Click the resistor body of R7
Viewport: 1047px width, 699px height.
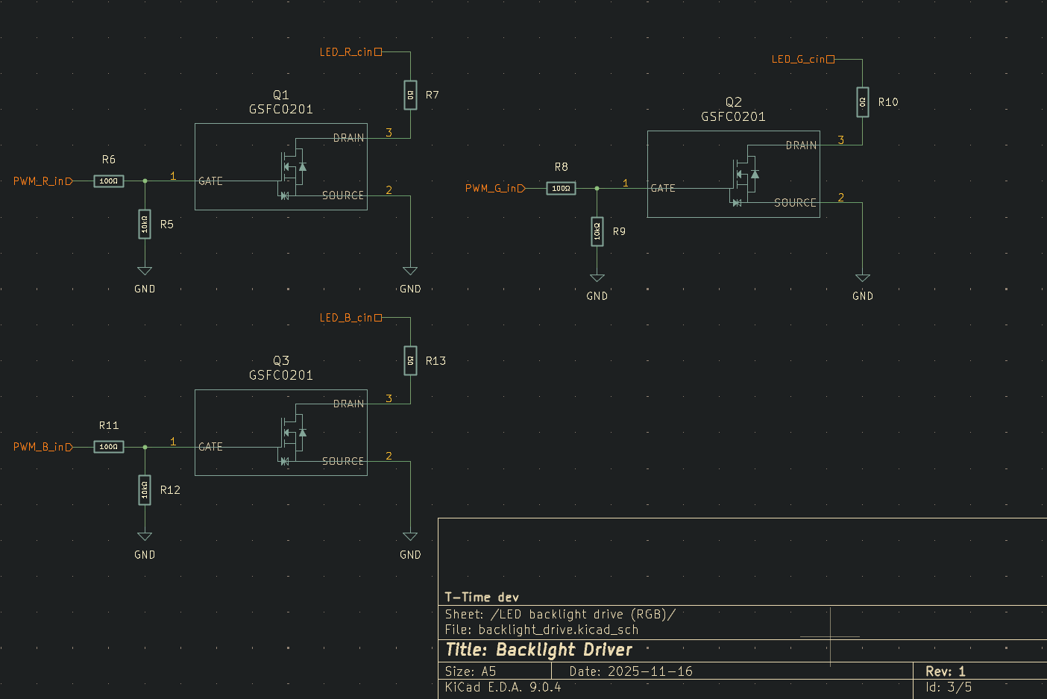coord(410,95)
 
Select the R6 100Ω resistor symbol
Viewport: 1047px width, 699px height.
coord(109,181)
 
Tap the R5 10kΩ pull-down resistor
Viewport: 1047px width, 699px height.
coord(145,224)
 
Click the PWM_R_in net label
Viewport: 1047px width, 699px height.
coord(42,181)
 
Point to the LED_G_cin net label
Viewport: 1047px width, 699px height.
coord(799,60)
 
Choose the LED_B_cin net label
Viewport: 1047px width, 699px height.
coord(347,318)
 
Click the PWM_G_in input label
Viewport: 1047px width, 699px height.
coord(494,189)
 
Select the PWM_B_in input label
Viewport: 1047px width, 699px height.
coord(42,447)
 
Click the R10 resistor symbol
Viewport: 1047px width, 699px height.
coord(863,102)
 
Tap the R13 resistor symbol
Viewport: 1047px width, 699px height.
coord(410,361)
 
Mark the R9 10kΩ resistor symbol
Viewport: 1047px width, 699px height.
coord(597,231)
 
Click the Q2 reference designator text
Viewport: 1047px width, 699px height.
coord(734,102)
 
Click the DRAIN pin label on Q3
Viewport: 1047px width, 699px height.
coord(349,404)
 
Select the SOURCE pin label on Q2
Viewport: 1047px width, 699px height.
coord(795,203)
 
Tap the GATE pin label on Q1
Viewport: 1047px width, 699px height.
coord(210,181)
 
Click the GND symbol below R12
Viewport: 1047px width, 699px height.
coord(145,537)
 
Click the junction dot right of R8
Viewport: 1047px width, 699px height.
coord(597,189)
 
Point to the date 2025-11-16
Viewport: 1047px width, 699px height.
coord(650,671)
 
